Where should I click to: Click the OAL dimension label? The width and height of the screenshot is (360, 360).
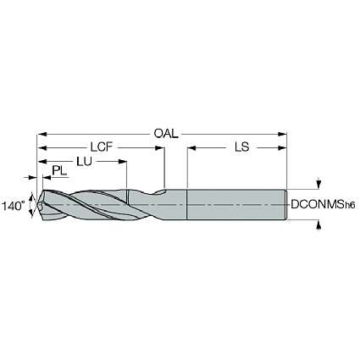pyautogui.click(x=166, y=134)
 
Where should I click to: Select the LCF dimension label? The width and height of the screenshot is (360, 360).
pyautogui.click(x=102, y=147)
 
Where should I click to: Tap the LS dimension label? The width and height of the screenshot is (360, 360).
pyautogui.click(x=242, y=147)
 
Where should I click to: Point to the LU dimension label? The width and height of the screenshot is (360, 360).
pyautogui.click(x=84, y=162)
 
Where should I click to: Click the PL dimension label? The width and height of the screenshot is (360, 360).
pyautogui.click(x=59, y=171)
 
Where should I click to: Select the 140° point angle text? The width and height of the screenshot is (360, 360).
pyautogui.click(x=12, y=206)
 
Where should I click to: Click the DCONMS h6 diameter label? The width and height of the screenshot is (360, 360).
pyautogui.click(x=323, y=204)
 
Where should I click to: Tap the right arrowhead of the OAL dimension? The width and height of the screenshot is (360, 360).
pyautogui.click(x=282, y=134)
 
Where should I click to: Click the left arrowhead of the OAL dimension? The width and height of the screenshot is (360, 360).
pyautogui.click(x=42, y=134)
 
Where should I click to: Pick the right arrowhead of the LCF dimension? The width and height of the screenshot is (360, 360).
pyautogui.click(x=160, y=147)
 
